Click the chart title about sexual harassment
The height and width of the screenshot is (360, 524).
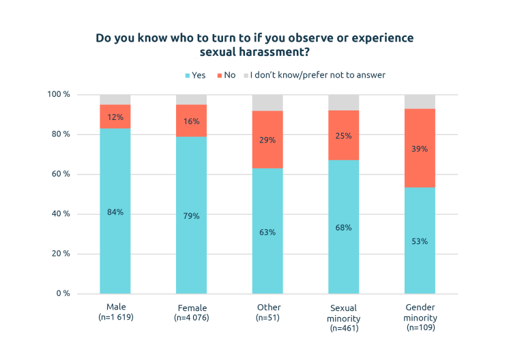pyautogui.click(x=254, y=44)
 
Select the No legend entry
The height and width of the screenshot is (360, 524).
pyautogui.click(x=227, y=75)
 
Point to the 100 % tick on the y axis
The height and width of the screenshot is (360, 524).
pyautogui.click(x=60, y=94)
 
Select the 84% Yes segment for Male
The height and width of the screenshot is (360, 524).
pyautogui.click(x=115, y=211)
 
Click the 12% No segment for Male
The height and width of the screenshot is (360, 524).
pyautogui.click(x=115, y=117)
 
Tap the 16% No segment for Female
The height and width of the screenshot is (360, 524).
pyautogui.click(x=191, y=121)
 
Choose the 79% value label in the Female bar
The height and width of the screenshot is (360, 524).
pyautogui.click(x=191, y=216)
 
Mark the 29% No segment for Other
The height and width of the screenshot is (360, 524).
pyautogui.click(x=267, y=140)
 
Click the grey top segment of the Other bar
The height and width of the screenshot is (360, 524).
pyautogui.click(x=267, y=103)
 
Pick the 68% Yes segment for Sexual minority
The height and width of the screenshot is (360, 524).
pyautogui.click(x=343, y=227)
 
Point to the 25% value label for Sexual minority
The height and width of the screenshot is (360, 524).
pyautogui.click(x=343, y=136)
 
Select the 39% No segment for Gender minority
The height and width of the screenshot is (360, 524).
pyautogui.click(x=420, y=149)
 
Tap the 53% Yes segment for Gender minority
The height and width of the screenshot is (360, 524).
pyautogui.click(x=420, y=241)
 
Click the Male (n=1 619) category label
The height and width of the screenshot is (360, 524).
pyautogui.click(x=115, y=312)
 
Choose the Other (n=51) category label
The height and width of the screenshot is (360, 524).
pyautogui.click(x=267, y=312)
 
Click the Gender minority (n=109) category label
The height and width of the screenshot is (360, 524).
pyautogui.click(x=420, y=318)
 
